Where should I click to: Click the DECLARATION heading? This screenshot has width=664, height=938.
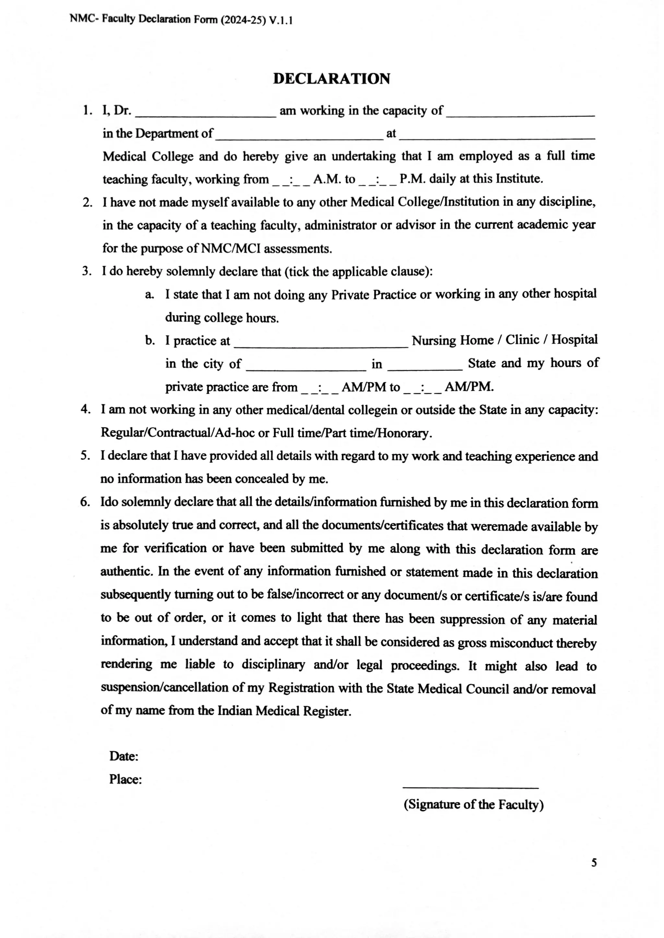coord(332,79)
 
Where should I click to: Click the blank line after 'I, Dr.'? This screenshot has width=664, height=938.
coord(206,116)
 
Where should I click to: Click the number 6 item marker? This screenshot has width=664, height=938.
coord(85,502)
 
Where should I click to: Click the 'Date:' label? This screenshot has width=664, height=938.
coord(124,756)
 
